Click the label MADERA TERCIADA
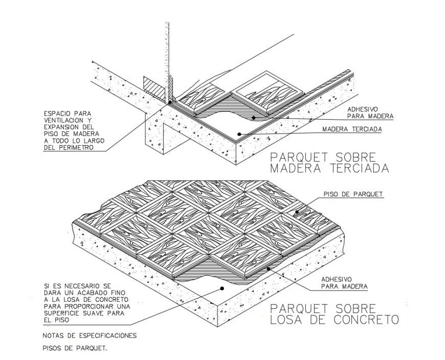(352, 129)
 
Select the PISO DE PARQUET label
(353, 194)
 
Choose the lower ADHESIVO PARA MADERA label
(344, 283)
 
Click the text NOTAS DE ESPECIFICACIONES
(90, 336)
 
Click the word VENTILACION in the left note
(65, 119)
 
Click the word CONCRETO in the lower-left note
(114, 299)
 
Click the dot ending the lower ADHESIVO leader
(268, 267)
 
